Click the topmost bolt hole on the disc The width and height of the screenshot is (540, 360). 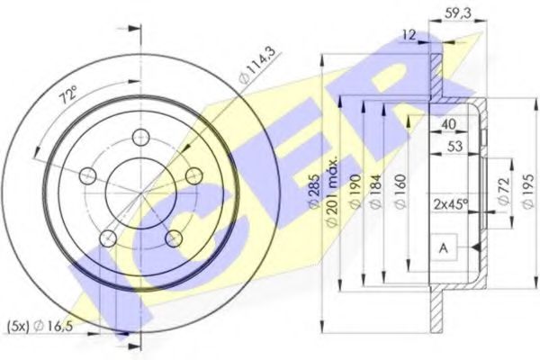[139, 137]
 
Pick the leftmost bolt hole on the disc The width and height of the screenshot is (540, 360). [86, 175]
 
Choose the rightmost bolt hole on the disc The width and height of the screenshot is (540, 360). [193, 175]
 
